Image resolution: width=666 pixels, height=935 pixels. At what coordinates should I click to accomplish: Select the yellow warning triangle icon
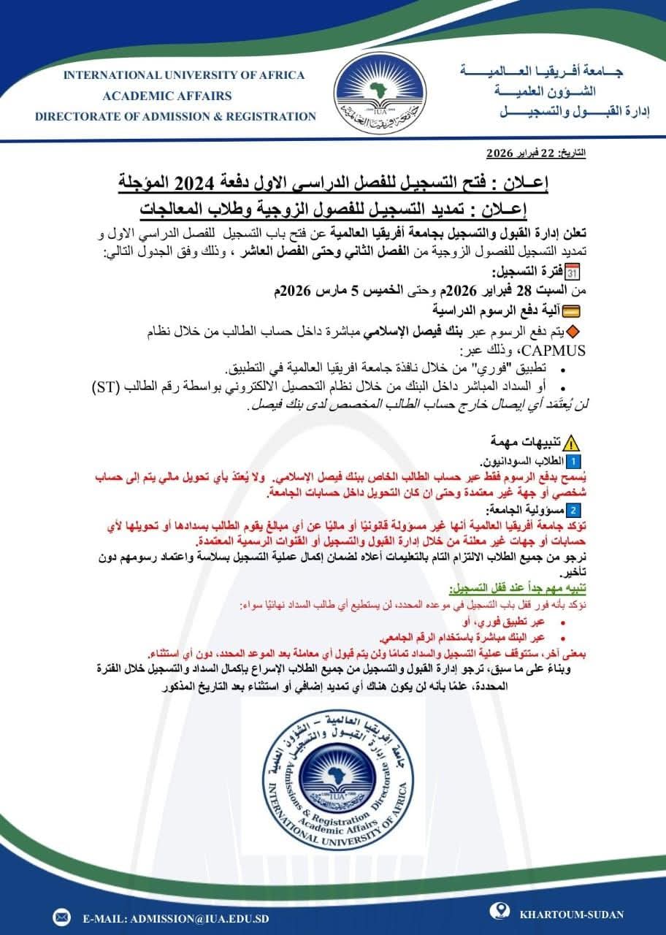573,442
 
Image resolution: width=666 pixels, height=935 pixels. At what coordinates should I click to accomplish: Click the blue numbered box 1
573,462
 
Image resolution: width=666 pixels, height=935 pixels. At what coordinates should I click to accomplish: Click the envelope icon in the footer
61,913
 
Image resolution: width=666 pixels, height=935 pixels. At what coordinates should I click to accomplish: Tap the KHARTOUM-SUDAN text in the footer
571,914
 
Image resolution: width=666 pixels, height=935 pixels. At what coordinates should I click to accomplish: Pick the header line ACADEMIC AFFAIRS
168,96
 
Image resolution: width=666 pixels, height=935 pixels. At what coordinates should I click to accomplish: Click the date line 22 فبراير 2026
536,155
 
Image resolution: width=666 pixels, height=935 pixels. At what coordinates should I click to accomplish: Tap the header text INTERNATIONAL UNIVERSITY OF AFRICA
183,75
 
